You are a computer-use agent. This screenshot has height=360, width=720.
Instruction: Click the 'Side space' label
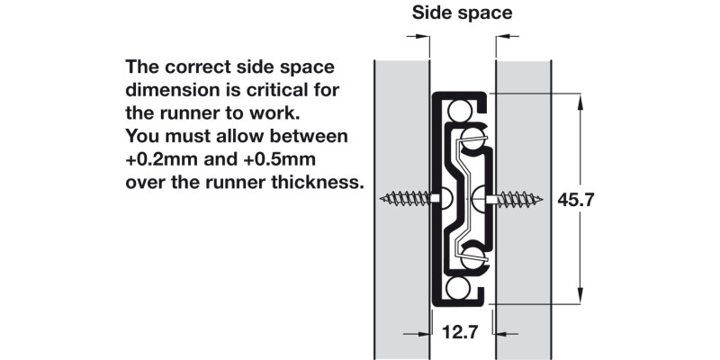click(462, 13)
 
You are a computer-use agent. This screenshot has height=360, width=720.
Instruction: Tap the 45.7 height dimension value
click(576, 200)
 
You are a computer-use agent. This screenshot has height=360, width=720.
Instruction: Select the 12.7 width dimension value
click(460, 331)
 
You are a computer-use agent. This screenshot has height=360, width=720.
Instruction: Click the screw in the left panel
click(409, 198)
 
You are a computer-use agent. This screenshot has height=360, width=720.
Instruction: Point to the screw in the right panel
click(515, 199)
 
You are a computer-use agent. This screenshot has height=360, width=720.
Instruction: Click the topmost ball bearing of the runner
click(459, 111)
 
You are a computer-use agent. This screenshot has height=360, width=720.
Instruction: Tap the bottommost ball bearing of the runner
click(458, 288)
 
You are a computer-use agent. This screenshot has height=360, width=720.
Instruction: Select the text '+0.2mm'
click(162, 159)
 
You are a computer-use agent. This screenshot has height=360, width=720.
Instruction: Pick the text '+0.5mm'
click(280, 159)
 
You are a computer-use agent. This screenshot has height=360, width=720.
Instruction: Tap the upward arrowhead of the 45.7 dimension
click(580, 103)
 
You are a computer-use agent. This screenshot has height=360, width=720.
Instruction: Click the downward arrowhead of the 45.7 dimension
click(580, 295)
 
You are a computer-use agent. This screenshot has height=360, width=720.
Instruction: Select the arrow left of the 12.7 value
click(418, 334)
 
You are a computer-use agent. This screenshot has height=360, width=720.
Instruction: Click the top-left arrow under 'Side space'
click(418, 36)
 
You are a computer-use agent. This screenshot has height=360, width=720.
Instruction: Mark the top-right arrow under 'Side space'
click(508, 36)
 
